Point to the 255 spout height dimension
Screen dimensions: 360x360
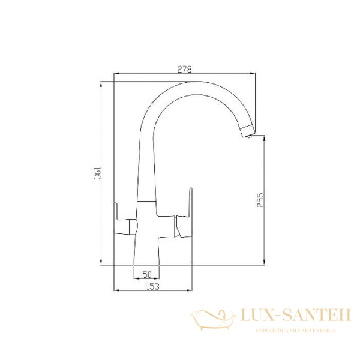pos(260,200)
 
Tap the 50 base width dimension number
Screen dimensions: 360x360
pos(146,274)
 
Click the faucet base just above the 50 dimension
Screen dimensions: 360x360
pos(147,252)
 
